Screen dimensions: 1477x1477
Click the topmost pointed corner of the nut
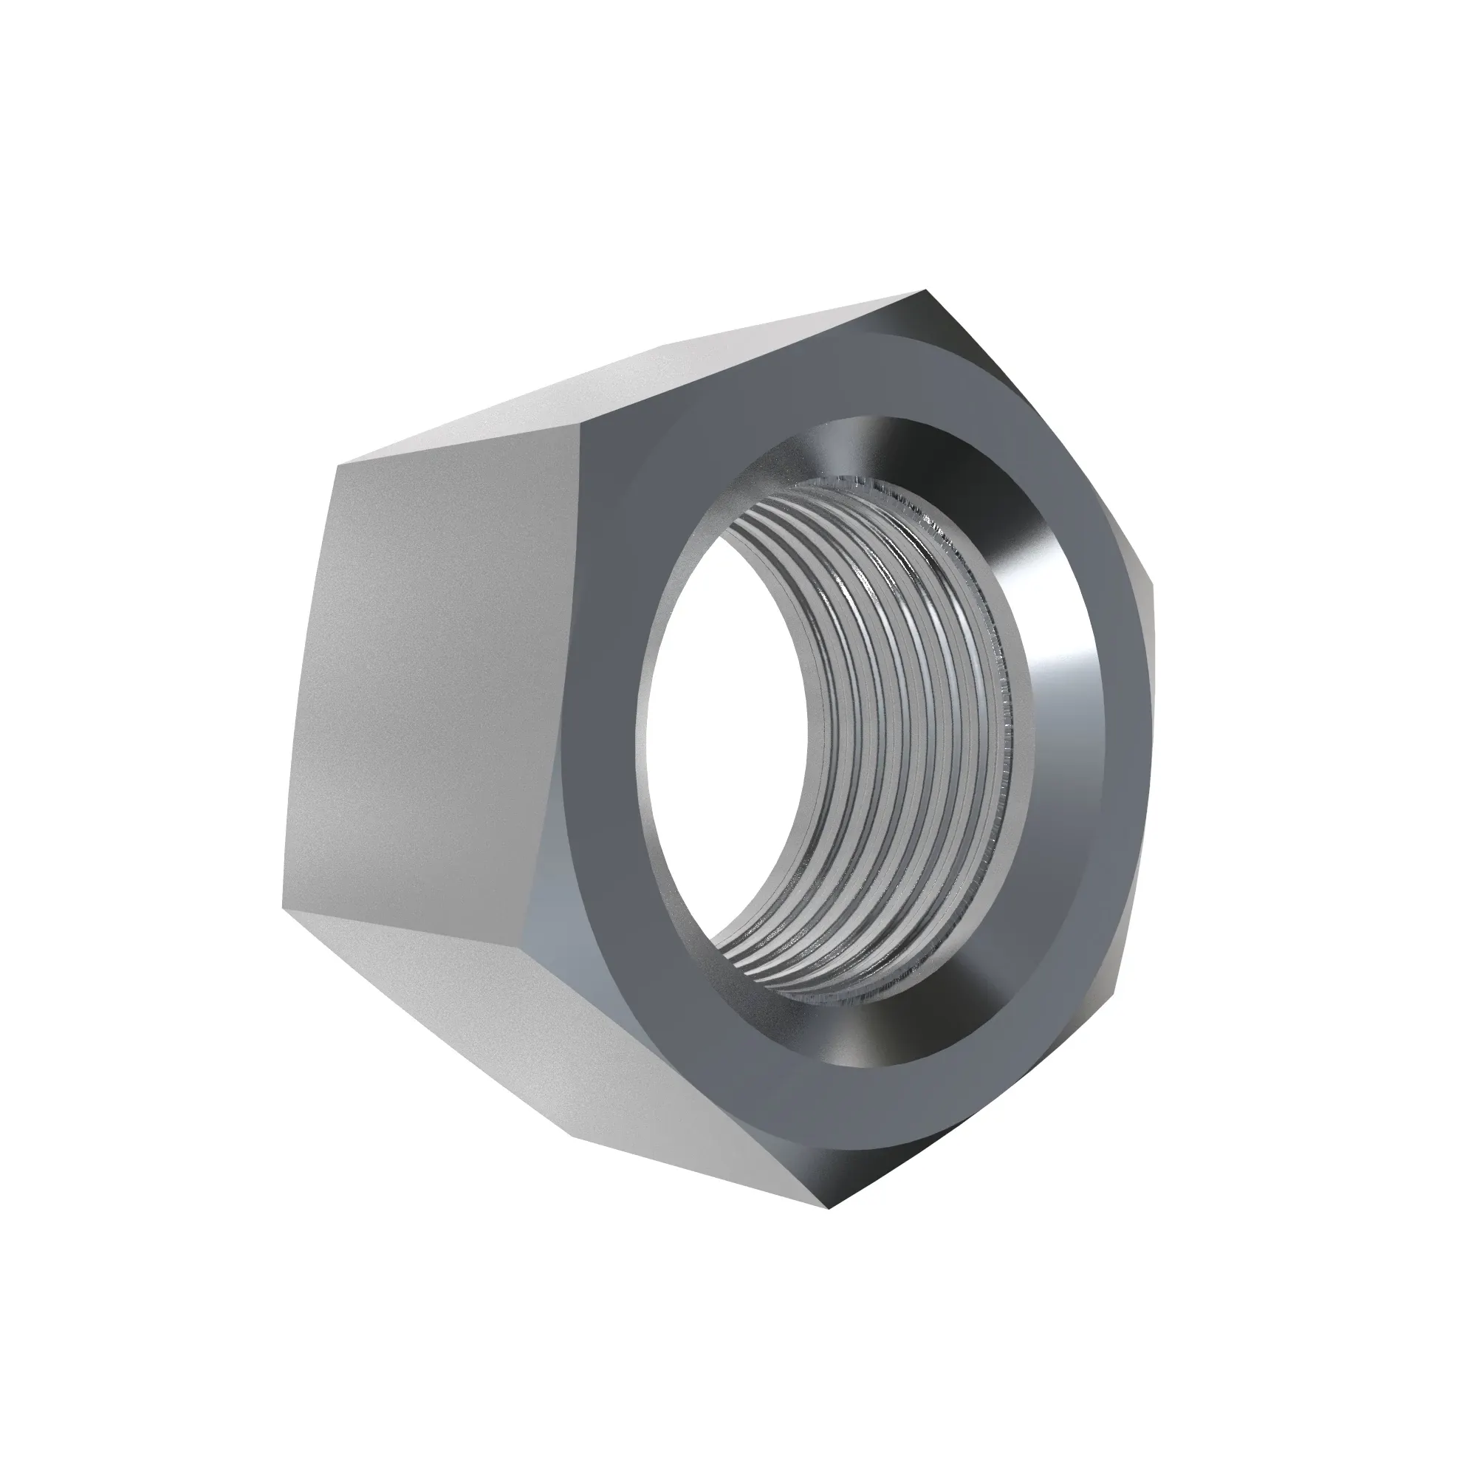point(925,291)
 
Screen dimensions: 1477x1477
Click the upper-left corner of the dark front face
point(583,425)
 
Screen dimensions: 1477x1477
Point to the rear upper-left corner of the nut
point(336,465)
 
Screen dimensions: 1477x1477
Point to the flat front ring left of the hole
point(604,688)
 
